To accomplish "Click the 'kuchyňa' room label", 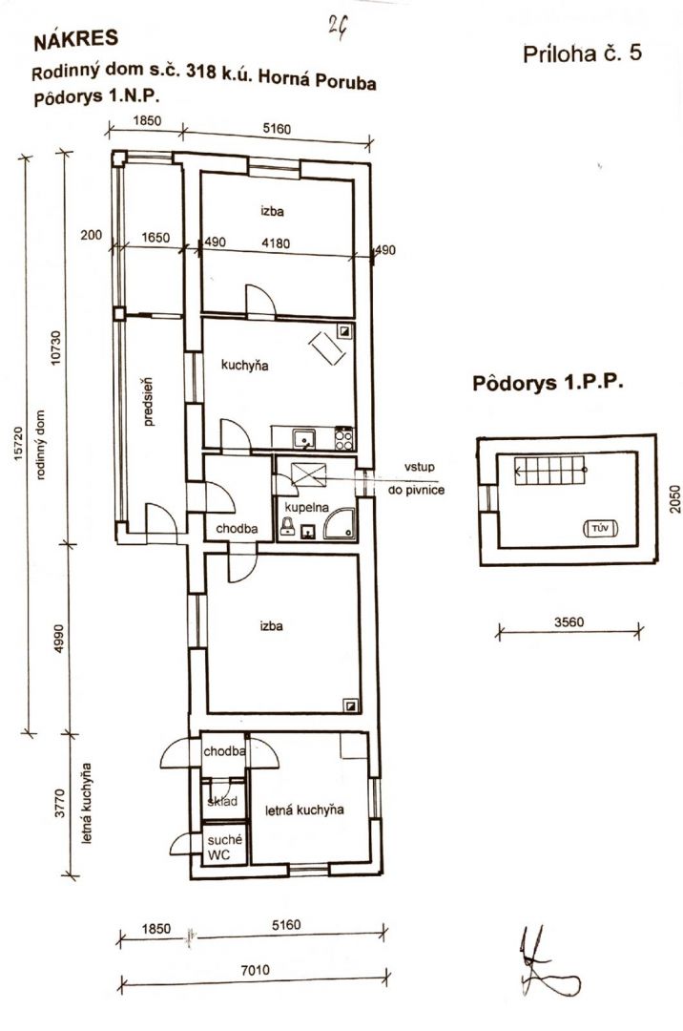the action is tap(244, 366).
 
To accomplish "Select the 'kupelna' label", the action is tap(306, 508).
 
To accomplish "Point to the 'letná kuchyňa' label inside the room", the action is tap(304, 810).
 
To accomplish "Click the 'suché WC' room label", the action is tap(224, 848).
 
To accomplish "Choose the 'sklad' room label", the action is tap(222, 802).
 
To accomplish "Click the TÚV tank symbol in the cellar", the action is tap(600, 528).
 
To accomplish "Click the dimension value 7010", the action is tap(255, 969).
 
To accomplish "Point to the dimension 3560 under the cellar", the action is tap(569, 621).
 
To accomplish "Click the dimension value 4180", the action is tap(276, 243).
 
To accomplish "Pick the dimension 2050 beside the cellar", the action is tap(675, 498).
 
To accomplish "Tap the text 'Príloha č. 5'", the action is tap(582, 53).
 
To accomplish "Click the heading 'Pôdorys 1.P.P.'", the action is tap(547, 383).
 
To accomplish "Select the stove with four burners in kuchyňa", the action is tap(344, 438).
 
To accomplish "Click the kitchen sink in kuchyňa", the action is tap(304, 438).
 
